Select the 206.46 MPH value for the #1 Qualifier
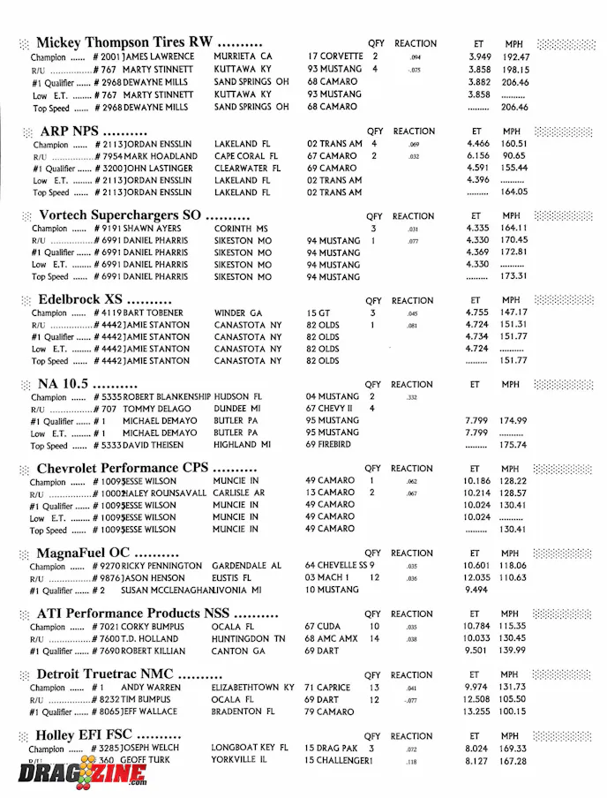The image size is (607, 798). [x=514, y=81]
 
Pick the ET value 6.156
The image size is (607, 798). [x=477, y=156]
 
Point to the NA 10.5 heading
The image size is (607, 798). [x=87, y=384]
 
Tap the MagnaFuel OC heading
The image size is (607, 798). [x=109, y=553]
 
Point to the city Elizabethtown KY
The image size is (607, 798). [x=252, y=688]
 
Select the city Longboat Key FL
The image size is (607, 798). [x=250, y=748]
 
